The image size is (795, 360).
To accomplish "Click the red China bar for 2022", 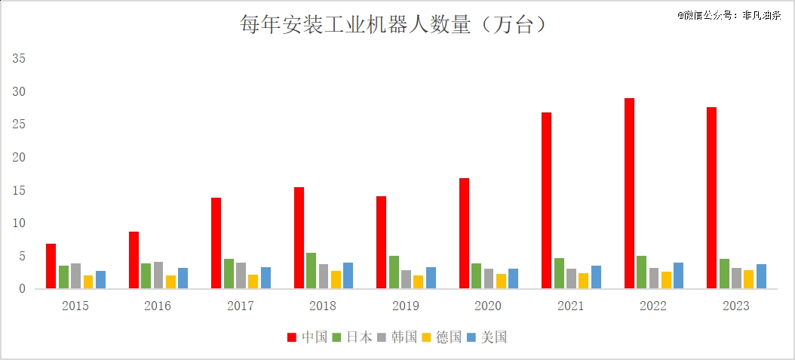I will pos(629,193).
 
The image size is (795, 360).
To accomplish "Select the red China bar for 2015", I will pos(51,266).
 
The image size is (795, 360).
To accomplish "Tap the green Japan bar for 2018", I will pos(311,270).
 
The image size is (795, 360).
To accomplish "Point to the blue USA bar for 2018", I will pos(348,275).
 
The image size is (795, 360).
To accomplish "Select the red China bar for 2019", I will pos(381,242).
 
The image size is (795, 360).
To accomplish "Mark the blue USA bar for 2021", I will pos(596,277).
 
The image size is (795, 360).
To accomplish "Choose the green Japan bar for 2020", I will pos(476,275).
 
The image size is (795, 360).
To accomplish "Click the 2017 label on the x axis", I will pos(240,306).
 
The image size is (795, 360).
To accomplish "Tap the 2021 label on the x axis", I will pos(571,306).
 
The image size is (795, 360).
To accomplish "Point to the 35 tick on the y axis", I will pos(20,58).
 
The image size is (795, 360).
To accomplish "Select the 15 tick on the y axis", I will pos(20,190).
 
